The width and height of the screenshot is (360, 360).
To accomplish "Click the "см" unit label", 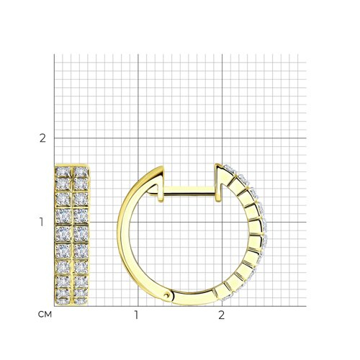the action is tap(45, 315).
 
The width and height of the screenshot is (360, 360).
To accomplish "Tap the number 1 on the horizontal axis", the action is tap(136, 315).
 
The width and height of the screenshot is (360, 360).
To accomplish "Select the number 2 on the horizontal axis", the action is tap(221, 315).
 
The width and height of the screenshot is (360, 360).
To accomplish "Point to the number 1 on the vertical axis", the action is tap(42, 222).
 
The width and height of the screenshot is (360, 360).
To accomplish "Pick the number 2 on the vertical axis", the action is tap(42, 138).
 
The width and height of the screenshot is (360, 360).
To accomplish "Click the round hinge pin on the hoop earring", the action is tap(166, 295).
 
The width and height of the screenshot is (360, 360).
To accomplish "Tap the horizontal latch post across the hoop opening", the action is tap(189, 191).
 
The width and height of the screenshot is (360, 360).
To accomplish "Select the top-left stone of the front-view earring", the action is tap(63, 171).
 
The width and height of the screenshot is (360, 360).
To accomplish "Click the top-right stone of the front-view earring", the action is tap(81, 171).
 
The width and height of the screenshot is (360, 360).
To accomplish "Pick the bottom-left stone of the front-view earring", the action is tap(63, 301).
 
